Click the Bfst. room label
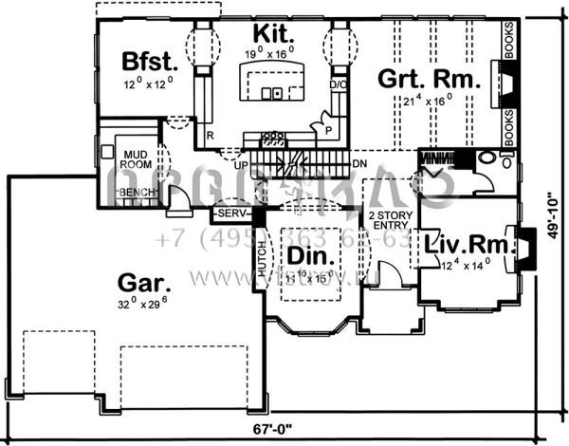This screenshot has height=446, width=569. click(151, 63)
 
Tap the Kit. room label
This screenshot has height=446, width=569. click(273, 35)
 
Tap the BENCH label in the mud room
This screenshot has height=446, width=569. click(135, 193)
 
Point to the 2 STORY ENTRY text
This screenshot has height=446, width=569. click(385, 220)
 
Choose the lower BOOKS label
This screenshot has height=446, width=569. click(509, 125)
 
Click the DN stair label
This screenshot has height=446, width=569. click(359, 164)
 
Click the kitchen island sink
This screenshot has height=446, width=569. click(273, 93)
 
